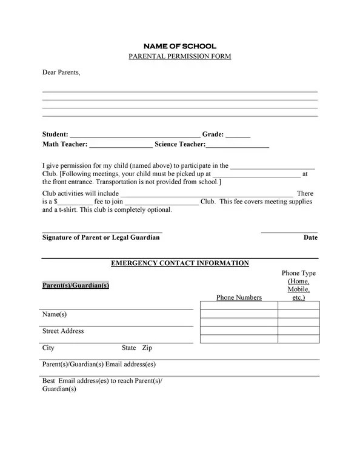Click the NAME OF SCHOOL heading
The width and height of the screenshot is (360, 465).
tap(179, 46)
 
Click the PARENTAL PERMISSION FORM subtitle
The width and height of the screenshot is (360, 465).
tap(179, 56)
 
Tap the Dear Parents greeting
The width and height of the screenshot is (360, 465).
tap(61, 73)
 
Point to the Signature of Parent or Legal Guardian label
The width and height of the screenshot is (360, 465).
tap(101, 238)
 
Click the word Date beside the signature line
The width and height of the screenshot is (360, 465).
tap(310, 238)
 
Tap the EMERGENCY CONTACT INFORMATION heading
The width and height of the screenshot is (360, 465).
tap(179, 263)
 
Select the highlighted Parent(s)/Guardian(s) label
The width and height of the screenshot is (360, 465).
tap(76, 285)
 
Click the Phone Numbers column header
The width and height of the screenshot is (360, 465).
tap(239, 297)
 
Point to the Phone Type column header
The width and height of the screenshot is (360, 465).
tap(299, 274)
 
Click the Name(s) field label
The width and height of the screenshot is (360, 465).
tap(54, 314)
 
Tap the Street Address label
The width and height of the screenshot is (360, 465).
tap(63, 331)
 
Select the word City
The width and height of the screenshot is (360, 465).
tap(48, 348)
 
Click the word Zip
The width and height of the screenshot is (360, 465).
tap(147, 348)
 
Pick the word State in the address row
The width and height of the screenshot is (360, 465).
tap(128, 348)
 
